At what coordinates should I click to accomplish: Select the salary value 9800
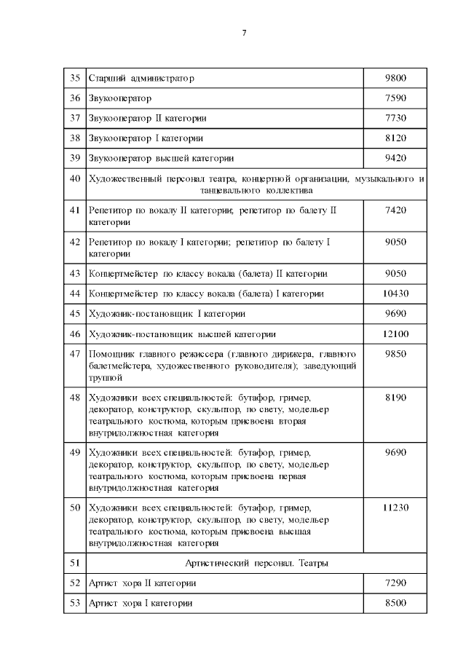pyautogui.click(x=395, y=78)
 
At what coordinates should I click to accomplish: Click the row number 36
pyautogui.click(x=74, y=98)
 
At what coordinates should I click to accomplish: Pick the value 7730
pyautogui.click(x=395, y=118)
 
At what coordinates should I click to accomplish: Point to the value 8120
pyautogui.click(x=395, y=138)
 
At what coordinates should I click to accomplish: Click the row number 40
pyautogui.click(x=74, y=178)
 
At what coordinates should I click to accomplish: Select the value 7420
pyautogui.click(x=395, y=210)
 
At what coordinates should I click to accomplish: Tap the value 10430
pyautogui.click(x=395, y=293)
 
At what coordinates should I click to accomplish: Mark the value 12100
pyautogui.click(x=395, y=334)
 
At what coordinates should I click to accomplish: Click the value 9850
pyautogui.click(x=395, y=355)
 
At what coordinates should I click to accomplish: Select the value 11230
pyautogui.click(x=395, y=508)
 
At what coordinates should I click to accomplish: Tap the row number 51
pyautogui.click(x=74, y=563)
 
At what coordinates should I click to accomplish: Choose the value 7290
pyautogui.click(x=395, y=583)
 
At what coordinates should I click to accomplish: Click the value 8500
pyautogui.click(x=395, y=604)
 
